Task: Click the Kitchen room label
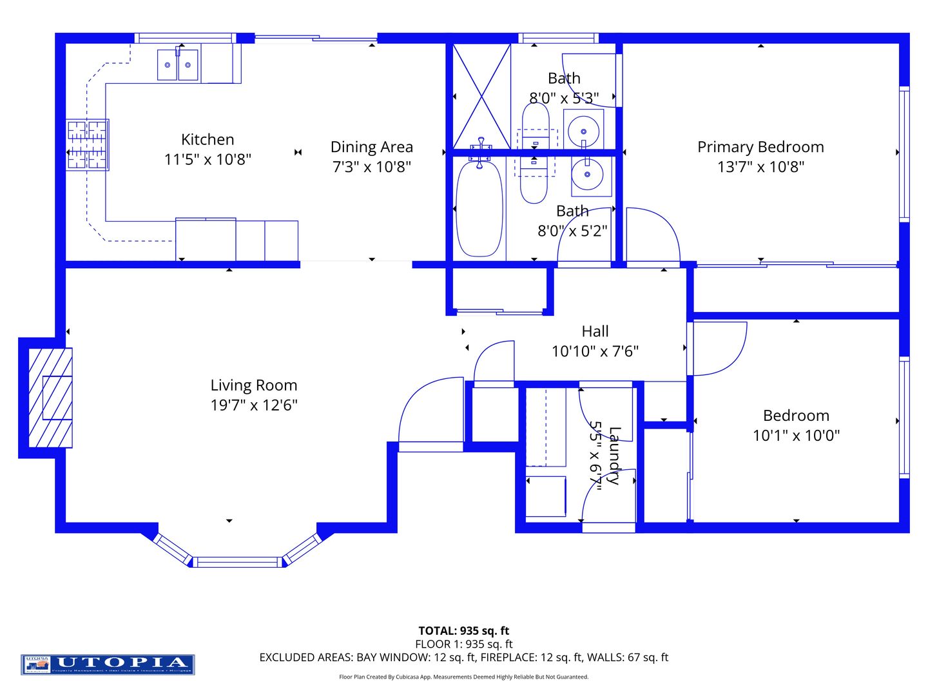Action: tap(208, 139)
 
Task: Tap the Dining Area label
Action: tap(371, 147)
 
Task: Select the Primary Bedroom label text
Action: tap(760, 147)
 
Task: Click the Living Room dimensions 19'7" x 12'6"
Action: tap(254, 405)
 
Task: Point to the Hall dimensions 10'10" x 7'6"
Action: tap(595, 351)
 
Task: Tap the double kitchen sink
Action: tap(178, 65)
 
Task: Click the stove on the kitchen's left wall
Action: tap(88, 145)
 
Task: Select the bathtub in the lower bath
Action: tap(479, 208)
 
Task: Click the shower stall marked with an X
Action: tap(481, 97)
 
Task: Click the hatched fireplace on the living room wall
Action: tap(50, 398)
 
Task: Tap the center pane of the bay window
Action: tap(238, 562)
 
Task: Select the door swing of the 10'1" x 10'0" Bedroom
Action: tap(719, 348)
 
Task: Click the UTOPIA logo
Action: tap(108, 664)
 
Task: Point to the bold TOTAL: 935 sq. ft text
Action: tap(463, 631)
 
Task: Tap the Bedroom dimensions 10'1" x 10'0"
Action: tap(796, 436)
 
